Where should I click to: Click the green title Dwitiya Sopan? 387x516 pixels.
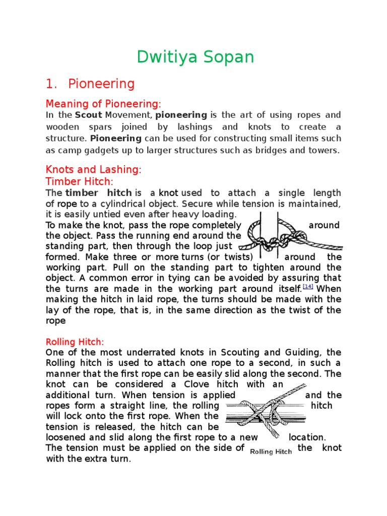[x=196, y=57]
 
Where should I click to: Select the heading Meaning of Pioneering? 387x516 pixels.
[x=102, y=104]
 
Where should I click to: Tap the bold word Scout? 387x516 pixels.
[x=88, y=115]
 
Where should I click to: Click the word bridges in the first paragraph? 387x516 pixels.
[x=272, y=150]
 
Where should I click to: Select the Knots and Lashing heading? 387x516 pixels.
[x=94, y=170]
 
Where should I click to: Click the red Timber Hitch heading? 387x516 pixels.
[x=80, y=181]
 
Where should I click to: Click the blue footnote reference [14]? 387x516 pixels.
[x=308, y=287]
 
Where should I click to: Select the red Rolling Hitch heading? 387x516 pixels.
[x=75, y=341]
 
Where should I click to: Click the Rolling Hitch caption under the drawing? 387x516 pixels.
[x=271, y=451]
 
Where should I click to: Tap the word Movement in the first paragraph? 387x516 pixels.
[x=125, y=115]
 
